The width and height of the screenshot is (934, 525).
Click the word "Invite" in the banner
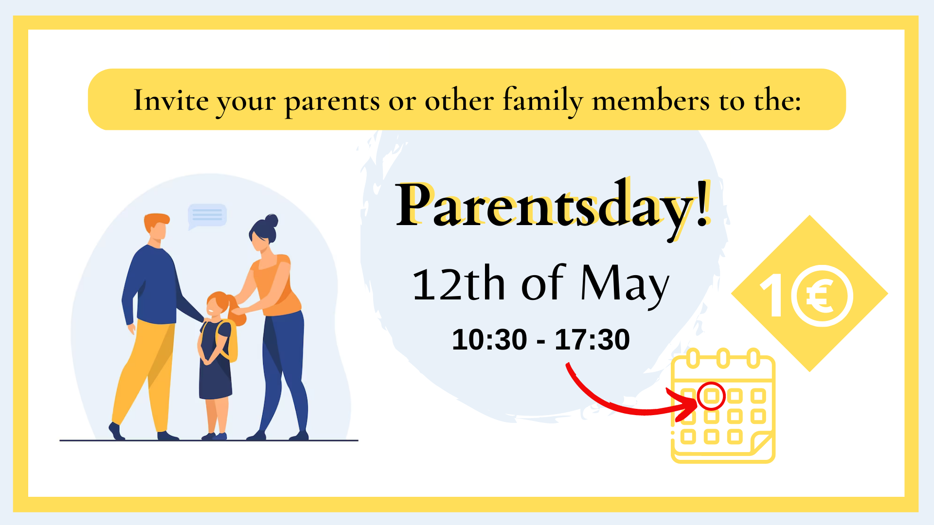coord(171,101)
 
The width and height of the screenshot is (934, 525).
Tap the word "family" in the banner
coord(542,102)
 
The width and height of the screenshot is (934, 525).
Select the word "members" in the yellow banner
coord(651,101)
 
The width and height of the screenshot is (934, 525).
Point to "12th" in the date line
coord(459,283)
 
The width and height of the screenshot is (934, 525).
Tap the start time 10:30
coord(489,339)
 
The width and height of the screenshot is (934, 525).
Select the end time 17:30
coord(593,339)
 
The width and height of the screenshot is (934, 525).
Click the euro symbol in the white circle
coord(821,296)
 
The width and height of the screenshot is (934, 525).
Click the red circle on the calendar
coord(711,396)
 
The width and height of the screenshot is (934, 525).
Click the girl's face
coord(214,308)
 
